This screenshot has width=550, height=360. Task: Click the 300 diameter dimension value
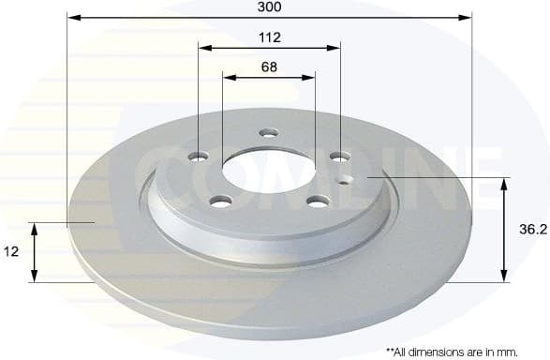click(270, 7)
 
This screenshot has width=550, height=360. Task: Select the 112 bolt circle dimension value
click(270, 37)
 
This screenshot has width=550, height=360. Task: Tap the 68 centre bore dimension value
click(269, 67)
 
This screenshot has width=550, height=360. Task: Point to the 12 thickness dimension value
click(12, 252)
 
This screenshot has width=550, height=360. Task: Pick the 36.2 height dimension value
click(530, 228)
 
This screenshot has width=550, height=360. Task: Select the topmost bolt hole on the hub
click(268, 132)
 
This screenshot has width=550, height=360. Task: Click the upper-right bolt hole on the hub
click(338, 156)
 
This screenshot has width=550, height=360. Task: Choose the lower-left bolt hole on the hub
click(221, 200)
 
